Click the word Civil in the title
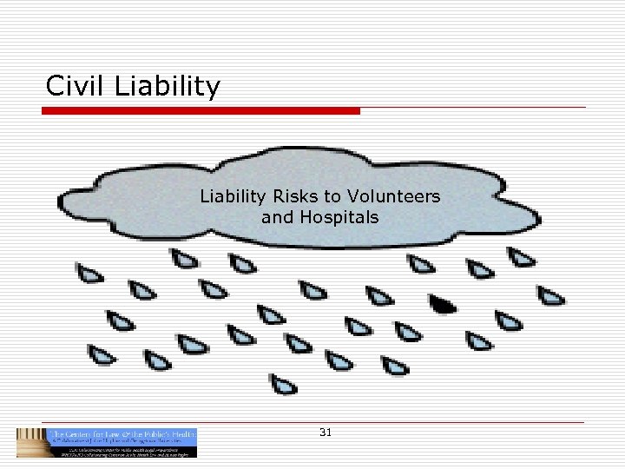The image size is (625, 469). (x=72, y=86)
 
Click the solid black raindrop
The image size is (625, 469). (x=443, y=304)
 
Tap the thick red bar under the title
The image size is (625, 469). (x=201, y=111)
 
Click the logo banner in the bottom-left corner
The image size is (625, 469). (x=107, y=442)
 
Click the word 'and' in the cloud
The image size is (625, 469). (x=277, y=217)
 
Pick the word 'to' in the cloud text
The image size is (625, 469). (x=333, y=196)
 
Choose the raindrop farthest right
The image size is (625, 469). (x=550, y=295)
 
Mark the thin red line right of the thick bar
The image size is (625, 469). (x=473, y=109)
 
